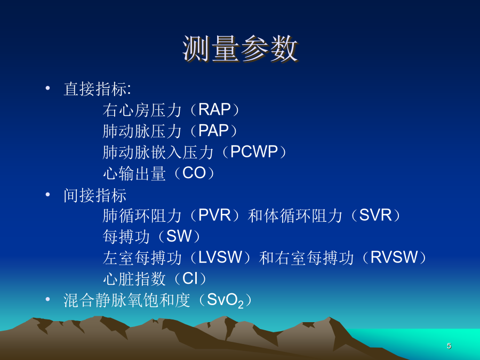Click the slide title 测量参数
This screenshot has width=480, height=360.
[x=241, y=49]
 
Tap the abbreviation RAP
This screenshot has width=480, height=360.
[x=214, y=109]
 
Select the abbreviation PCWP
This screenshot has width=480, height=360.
[x=254, y=152]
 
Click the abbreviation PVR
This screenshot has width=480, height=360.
[x=214, y=215]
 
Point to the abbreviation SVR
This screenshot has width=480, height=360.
[x=375, y=215]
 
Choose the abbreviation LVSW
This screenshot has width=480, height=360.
[x=220, y=257]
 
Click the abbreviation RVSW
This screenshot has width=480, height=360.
[x=394, y=257]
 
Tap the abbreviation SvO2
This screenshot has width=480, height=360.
[x=225, y=300]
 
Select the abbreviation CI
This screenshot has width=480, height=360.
[x=190, y=278]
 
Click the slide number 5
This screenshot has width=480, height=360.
[x=449, y=346]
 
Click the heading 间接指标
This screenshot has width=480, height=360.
[x=95, y=195]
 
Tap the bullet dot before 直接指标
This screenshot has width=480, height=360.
[x=47, y=89]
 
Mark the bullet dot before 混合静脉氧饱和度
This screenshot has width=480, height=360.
[x=47, y=299]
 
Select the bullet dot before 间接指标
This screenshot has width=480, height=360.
[x=47, y=194]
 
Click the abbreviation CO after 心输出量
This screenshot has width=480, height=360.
[x=194, y=173]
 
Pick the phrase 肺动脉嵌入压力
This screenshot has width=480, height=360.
[x=158, y=152]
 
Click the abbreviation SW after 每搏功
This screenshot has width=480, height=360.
[x=179, y=236]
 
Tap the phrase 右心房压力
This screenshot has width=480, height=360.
[x=142, y=110]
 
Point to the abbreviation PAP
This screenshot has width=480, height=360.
[x=214, y=131]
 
